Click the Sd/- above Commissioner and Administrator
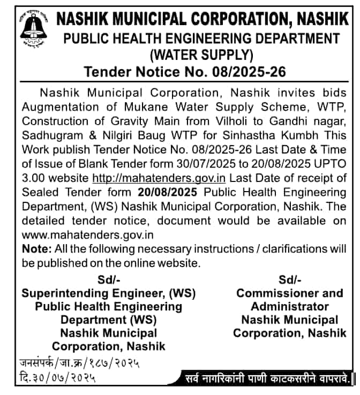(x=290, y=279)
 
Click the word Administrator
(x=290, y=307)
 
